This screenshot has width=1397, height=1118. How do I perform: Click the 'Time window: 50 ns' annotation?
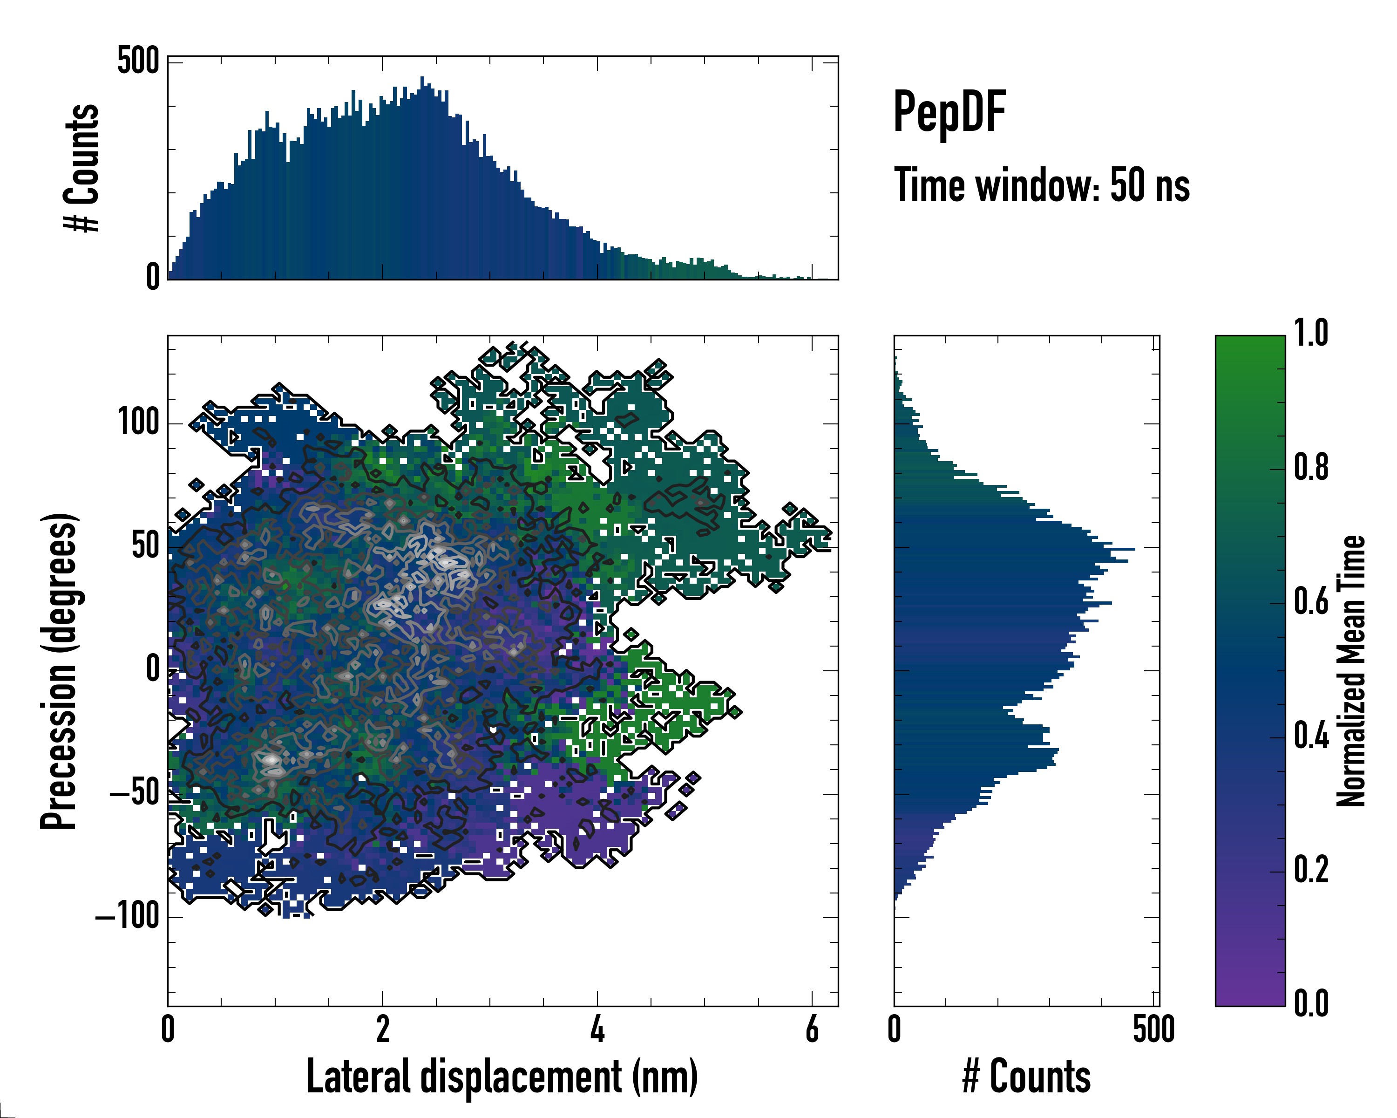point(1041,185)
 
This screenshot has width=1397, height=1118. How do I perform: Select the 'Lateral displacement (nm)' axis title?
point(502,1077)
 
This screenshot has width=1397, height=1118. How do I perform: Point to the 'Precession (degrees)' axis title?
point(60,671)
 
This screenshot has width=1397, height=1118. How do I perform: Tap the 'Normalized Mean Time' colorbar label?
point(1350,671)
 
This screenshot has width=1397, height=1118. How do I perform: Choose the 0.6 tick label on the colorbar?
point(1311,601)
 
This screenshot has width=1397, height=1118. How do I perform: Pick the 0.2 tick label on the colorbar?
point(1311,870)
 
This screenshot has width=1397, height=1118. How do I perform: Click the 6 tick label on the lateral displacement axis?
point(812,1029)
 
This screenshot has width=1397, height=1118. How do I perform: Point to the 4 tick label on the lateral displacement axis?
point(597,1029)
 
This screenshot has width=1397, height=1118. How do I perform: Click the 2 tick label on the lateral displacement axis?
point(382,1029)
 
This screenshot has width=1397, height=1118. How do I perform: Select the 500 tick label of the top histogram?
point(138,61)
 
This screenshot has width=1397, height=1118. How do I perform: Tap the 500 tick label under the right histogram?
point(1153,1029)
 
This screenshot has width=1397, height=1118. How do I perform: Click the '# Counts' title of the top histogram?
point(81,168)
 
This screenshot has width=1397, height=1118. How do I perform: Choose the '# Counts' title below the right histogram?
point(1026,1077)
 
